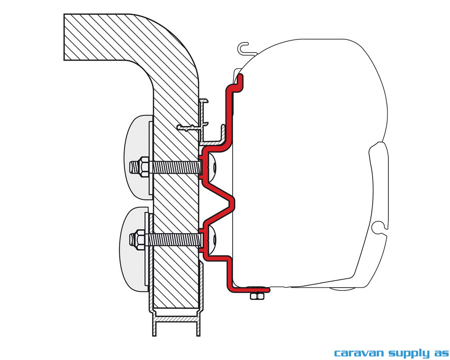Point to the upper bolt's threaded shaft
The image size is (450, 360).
[175, 167]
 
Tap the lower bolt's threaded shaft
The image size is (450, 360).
[174, 239]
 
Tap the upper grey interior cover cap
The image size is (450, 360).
[138, 158]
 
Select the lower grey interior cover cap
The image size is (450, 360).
[134, 249]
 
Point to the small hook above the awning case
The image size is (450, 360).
[243, 48]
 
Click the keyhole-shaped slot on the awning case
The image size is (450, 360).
[379, 227]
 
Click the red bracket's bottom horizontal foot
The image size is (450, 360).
[249, 290]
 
